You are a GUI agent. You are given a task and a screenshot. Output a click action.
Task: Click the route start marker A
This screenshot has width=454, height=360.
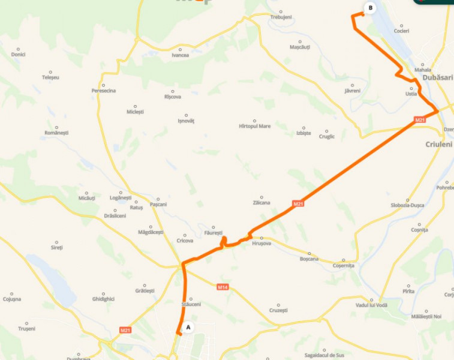(188, 328)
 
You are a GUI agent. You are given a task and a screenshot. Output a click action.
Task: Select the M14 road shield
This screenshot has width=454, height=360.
(223, 287)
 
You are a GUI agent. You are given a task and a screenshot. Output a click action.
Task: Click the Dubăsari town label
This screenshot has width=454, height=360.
(437, 78)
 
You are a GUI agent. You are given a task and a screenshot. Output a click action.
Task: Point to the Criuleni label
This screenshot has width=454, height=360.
(438, 145)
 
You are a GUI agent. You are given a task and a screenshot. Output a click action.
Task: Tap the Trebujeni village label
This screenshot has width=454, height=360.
(281, 17)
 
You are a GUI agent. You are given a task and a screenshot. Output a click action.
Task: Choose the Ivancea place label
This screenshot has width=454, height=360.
(180, 55)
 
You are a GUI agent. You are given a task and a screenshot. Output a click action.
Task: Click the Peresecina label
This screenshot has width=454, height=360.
(104, 91)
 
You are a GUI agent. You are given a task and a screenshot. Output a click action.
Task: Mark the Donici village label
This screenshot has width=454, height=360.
(18, 55)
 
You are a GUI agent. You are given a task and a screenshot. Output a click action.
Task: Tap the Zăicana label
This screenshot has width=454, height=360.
(261, 203)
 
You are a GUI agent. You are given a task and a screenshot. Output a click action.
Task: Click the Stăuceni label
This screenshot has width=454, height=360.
(191, 305)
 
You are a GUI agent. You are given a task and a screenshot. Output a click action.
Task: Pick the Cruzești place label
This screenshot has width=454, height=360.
(278, 310)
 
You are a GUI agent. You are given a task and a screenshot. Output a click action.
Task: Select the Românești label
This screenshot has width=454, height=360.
(57, 132)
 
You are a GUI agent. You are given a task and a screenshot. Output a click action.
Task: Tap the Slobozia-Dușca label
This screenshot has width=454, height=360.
(408, 205)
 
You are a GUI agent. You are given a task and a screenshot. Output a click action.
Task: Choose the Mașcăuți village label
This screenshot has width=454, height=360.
(300, 47)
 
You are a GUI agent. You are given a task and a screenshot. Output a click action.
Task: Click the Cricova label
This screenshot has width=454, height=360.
(185, 241)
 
